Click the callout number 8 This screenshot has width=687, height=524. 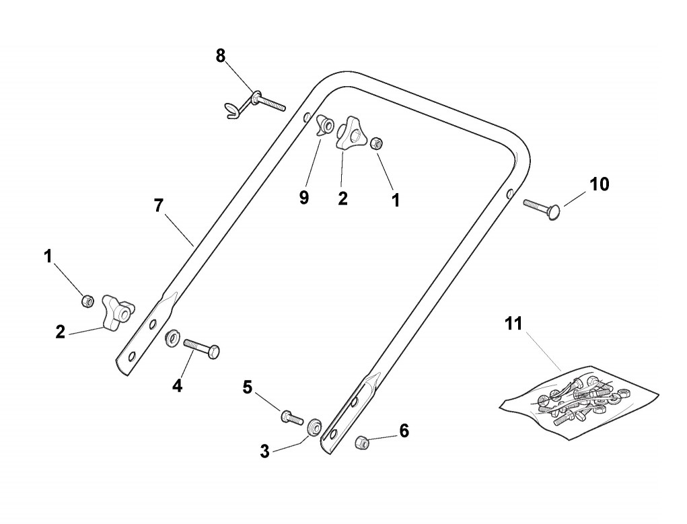point(221,57)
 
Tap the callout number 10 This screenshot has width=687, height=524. point(599,184)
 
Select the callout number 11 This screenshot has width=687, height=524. point(513,324)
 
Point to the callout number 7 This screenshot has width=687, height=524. point(158,206)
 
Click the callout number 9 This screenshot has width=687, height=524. point(304,198)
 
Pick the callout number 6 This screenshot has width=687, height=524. point(404,431)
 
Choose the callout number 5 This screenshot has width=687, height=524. point(248,387)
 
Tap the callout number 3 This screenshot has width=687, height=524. point(264,451)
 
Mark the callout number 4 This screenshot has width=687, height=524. point(177,385)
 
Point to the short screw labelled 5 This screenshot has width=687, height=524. point(290,416)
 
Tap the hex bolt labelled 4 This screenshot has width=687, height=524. point(201,348)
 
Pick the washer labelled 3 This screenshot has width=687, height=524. point(314,428)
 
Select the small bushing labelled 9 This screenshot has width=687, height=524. point(326,124)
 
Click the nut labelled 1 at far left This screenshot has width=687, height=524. point(87,301)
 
